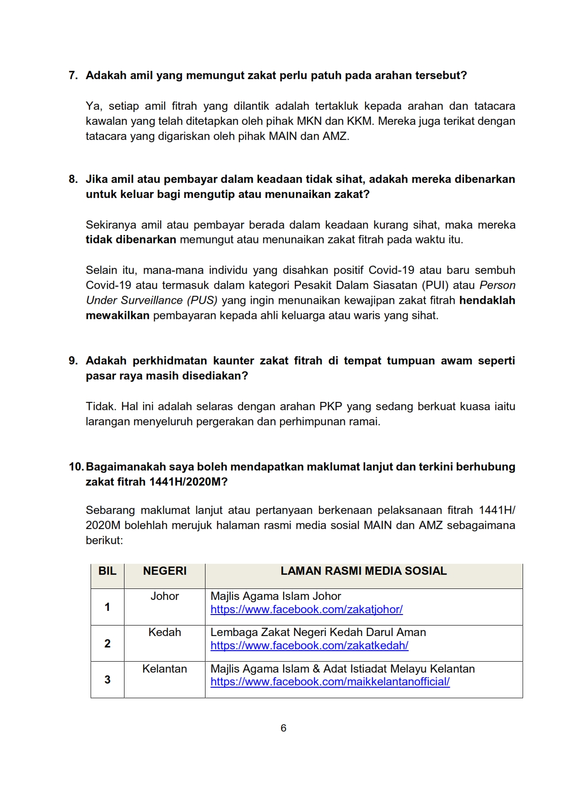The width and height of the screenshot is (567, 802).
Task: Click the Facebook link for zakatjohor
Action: pos(306,610)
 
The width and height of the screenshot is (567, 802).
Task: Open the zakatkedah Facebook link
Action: pos(309,646)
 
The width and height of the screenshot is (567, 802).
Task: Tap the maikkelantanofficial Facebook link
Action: pos(330,682)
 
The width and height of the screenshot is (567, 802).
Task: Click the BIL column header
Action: pos(108,571)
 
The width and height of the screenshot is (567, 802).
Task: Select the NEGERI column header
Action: pos(165,571)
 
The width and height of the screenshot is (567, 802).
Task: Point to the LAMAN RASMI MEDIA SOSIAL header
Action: pos(363,571)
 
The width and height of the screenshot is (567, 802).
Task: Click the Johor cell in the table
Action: pos(165,596)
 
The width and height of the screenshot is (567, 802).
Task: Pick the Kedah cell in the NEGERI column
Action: pos(165,632)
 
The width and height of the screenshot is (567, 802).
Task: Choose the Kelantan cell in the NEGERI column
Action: pos(165,669)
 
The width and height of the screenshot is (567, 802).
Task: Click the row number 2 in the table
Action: pos(108,644)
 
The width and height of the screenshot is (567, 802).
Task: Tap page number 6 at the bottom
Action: pos(283,728)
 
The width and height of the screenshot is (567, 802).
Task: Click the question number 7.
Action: pos(73,75)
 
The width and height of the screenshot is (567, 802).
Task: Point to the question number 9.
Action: pos(73,361)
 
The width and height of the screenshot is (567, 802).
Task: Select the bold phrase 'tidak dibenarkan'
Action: pos(131,240)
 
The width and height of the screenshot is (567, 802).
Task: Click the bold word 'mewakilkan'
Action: pos(118,315)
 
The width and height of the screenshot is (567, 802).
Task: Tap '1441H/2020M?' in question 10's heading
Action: pos(188,482)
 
